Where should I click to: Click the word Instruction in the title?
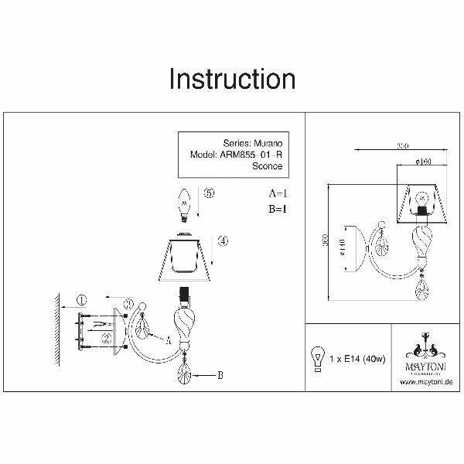point(232,80)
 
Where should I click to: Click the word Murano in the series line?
point(266,143)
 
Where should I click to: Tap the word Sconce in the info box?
point(268,166)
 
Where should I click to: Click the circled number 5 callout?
point(208,195)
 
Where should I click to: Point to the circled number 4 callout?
point(223,241)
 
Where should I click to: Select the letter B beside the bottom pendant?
point(221,375)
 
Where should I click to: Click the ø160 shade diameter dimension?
point(421,162)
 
